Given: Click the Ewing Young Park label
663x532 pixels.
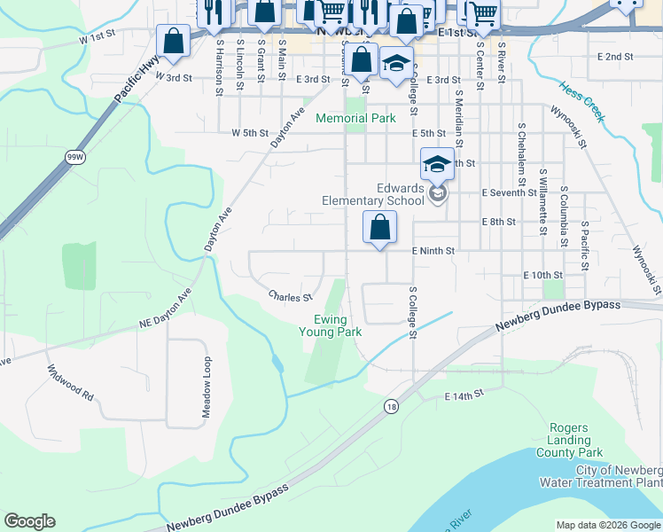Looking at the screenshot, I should coord(337,325).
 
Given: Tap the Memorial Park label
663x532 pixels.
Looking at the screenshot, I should coord(355,118).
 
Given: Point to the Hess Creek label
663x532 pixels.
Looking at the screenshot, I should coord(582,103).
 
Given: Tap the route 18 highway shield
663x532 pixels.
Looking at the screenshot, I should coord(391,405).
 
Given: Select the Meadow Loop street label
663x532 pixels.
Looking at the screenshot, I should coord(207,387).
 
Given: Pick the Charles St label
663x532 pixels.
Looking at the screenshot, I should coord(291,297).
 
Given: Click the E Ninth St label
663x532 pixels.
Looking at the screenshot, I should coord(433,251).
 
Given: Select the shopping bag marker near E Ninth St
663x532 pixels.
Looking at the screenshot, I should coord(379,228).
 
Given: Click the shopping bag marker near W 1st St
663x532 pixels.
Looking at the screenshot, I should coord(173,41).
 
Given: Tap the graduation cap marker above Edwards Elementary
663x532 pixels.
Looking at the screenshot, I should coord(437,164).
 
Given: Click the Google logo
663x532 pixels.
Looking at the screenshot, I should coord(29,521).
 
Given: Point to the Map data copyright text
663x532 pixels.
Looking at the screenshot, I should coord(607,525).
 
